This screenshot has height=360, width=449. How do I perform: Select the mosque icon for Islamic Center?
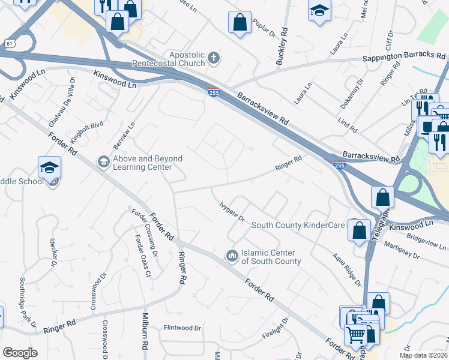pyautogui.click(x=232, y=256)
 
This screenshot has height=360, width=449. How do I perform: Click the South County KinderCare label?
pyautogui.click(x=298, y=225)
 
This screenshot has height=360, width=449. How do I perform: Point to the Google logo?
pyautogui.click(x=20, y=353)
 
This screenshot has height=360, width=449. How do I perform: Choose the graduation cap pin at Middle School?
pyautogui.click(x=50, y=167)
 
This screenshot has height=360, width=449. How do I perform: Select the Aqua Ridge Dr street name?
pyautogui.click(x=348, y=269)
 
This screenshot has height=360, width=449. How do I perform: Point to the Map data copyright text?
pyautogui.click(x=423, y=355)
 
